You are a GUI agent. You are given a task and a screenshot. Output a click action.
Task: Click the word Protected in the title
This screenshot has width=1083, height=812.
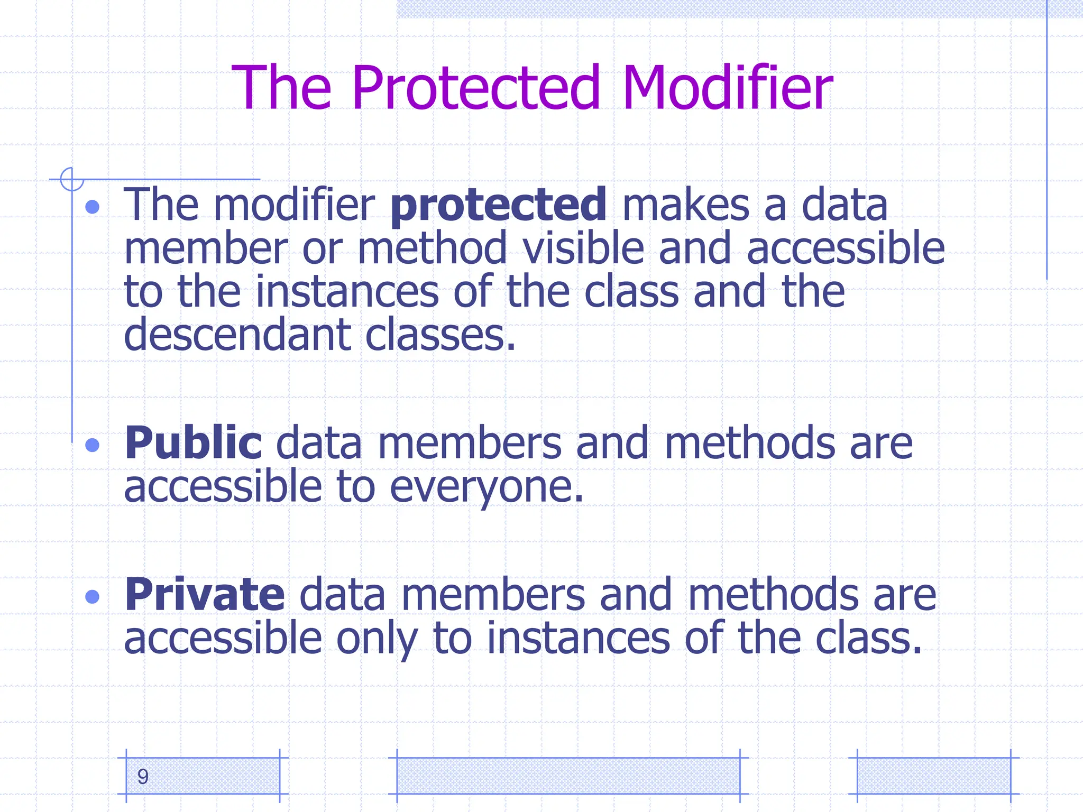[476, 88]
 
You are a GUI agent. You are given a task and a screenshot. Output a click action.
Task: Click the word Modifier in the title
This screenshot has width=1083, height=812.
[728, 88]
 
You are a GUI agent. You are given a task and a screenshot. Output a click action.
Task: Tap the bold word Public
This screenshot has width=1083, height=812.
[192, 443]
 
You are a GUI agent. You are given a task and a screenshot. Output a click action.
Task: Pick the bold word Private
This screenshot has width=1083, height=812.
[205, 595]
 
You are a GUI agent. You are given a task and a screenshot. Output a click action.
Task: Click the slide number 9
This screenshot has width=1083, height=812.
[143, 777]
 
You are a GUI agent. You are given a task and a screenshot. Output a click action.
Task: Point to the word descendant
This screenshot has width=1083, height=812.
[237, 335]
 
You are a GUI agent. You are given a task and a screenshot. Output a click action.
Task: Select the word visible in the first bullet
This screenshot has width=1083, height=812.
[583, 248]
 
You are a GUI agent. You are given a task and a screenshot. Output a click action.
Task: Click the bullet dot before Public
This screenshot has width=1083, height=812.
[93, 445]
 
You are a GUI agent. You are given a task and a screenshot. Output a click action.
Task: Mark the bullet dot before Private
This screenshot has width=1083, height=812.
[93, 597]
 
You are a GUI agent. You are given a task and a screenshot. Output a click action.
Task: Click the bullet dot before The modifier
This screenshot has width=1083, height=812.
[93, 207]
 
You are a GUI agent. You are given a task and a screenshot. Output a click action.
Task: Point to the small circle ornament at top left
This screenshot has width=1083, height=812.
[72, 179]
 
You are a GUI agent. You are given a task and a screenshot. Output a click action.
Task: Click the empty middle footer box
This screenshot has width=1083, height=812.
[568, 776]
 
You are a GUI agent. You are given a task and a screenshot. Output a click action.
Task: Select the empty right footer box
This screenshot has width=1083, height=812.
[933, 776]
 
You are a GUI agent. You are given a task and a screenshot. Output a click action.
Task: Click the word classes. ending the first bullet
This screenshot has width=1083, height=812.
[440, 335]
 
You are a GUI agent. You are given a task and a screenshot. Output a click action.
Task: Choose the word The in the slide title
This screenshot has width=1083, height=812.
[282, 88]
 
